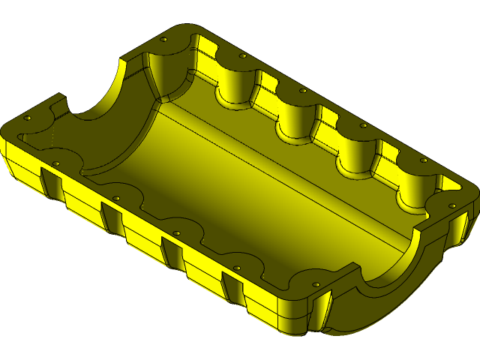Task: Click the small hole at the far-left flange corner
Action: point(28,119)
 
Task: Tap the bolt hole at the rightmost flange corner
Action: point(452,205)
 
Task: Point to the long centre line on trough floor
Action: point(285,181)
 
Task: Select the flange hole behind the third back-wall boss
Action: point(303,91)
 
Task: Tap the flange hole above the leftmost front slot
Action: point(55,163)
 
